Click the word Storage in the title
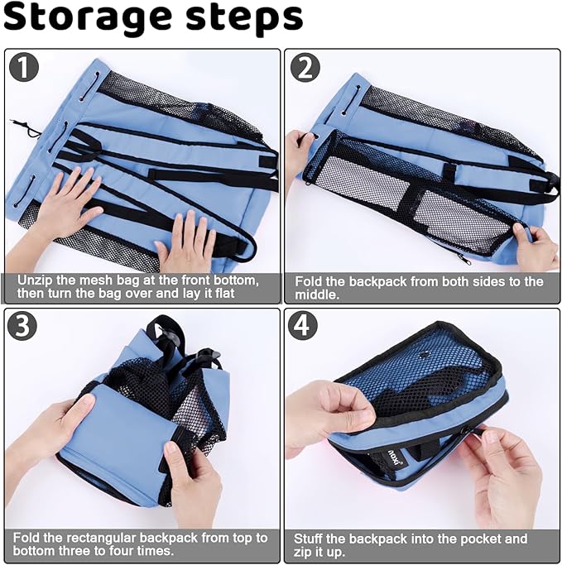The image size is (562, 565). tap(88, 18)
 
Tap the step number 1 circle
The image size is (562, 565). tap(24, 67)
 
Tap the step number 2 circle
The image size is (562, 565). tap(305, 68)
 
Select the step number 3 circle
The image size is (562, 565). tap(22, 326)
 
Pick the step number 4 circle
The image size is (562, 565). tap(303, 326)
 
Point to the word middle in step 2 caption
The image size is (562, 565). tap(317, 295)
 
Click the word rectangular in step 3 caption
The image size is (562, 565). tap(101, 539)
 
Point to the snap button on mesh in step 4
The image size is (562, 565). tap(425, 355)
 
